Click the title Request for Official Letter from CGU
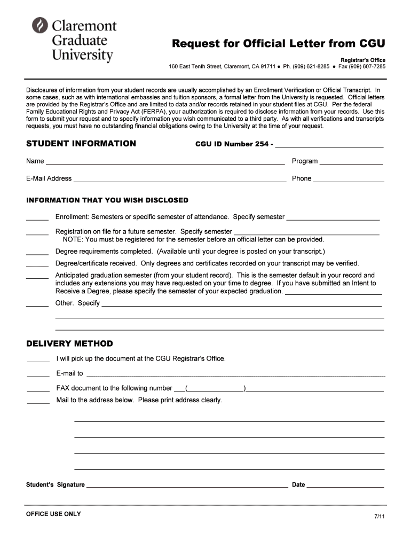tap(278, 43)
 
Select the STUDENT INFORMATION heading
tap(81, 144)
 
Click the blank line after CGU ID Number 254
tap(329, 145)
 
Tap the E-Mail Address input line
tap(180, 179)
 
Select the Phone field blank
tap(349, 179)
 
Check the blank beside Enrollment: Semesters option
tap(37, 218)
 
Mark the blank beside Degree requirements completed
tap(37, 252)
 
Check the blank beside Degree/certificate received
tap(37, 264)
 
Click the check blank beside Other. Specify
tap(37, 304)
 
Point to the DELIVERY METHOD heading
tap(69, 343)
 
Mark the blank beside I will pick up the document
tap(38, 360)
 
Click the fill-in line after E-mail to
tap(235, 374)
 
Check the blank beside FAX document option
tap(38, 389)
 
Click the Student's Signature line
tap(187, 486)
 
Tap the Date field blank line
tap(345, 486)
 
